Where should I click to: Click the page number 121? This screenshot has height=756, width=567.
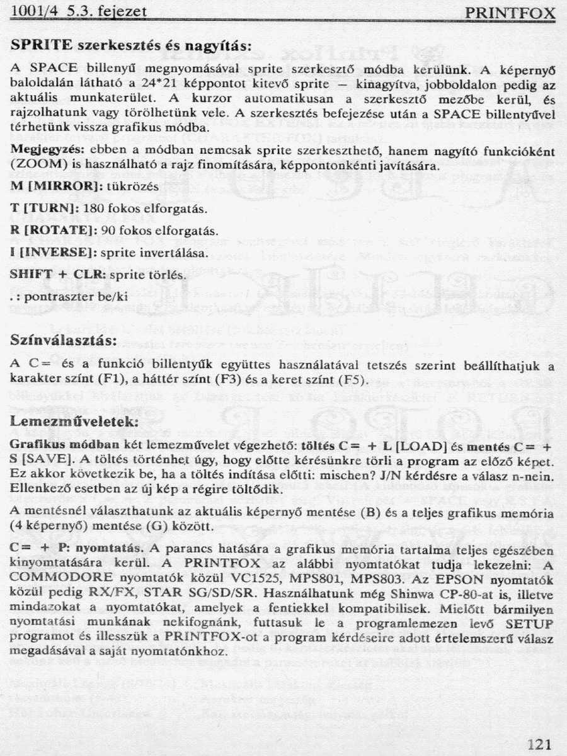539,744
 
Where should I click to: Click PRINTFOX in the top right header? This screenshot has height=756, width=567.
510,14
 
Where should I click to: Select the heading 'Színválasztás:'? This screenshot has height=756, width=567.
64,340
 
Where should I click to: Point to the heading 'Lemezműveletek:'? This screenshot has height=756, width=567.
74,421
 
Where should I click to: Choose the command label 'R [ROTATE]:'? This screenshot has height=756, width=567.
52,230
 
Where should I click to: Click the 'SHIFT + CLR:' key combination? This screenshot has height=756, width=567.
59,275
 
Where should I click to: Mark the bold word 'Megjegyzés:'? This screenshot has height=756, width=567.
49,151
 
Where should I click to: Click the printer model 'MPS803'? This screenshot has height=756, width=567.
376,578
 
